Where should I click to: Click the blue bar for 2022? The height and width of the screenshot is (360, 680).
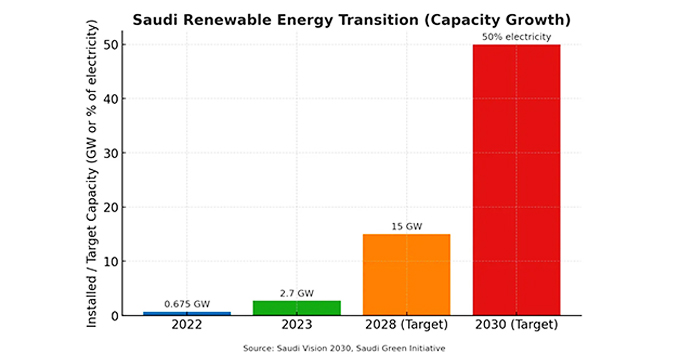coord(187,313)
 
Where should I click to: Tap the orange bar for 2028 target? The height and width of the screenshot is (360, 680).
coord(406,275)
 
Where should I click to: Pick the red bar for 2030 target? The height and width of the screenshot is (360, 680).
coord(516,180)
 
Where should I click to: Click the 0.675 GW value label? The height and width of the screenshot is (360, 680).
coord(187,304)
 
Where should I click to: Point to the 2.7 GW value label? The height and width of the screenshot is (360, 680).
coord(296,293)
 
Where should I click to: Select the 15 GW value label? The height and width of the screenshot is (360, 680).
coord(406,227)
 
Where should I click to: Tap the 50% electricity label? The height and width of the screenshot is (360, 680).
coord(516,37)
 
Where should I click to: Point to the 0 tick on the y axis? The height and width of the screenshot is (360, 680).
coord(115,316)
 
